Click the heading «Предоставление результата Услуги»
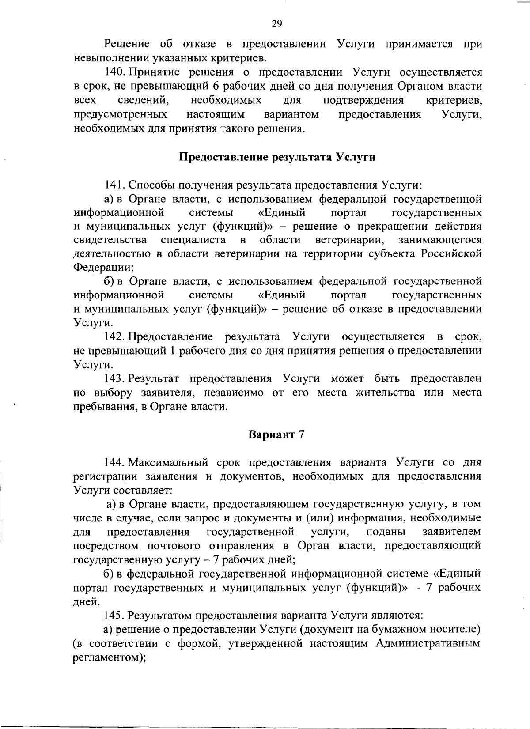[x=277, y=157]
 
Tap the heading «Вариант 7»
[x=277, y=434]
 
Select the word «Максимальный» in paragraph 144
[x=168, y=462]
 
